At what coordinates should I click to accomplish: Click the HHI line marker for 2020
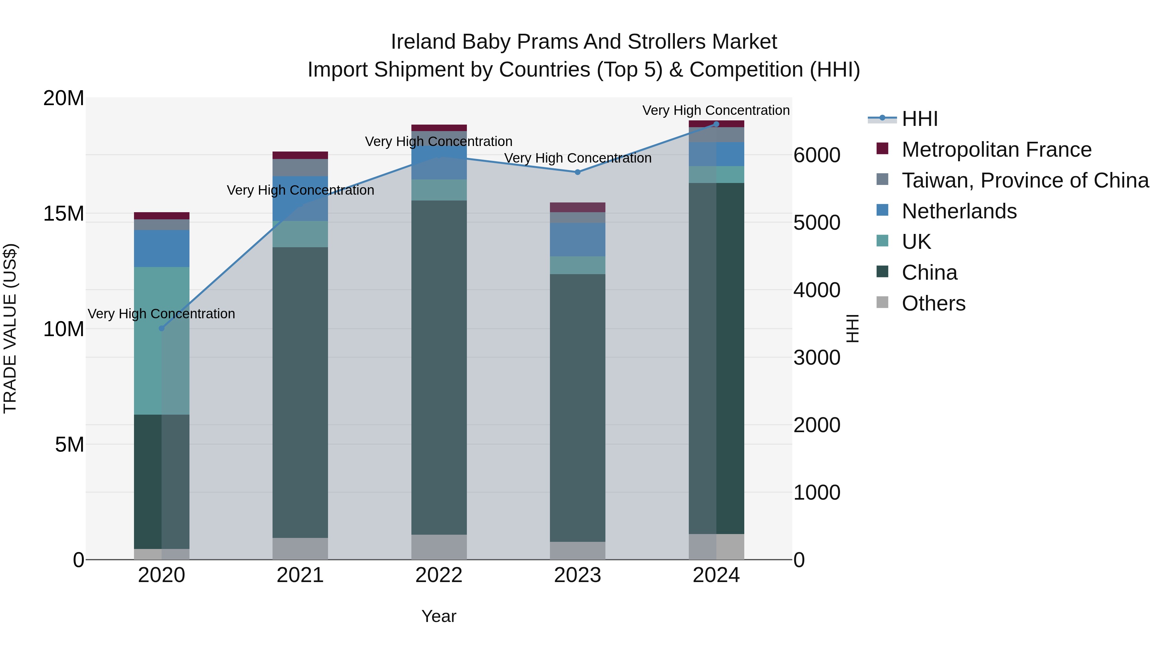click(162, 328)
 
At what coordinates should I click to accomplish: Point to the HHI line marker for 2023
click(578, 172)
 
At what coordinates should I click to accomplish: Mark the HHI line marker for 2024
click(716, 124)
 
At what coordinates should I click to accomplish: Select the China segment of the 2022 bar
click(439, 367)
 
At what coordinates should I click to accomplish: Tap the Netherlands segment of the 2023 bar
click(578, 239)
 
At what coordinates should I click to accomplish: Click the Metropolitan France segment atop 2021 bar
click(300, 155)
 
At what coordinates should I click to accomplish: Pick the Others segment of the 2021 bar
click(300, 549)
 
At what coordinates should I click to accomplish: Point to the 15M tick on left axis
click(64, 213)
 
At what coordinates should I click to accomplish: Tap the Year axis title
click(439, 616)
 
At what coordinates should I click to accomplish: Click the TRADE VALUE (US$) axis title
click(10, 328)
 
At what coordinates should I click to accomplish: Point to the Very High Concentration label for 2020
click(162, 314)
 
